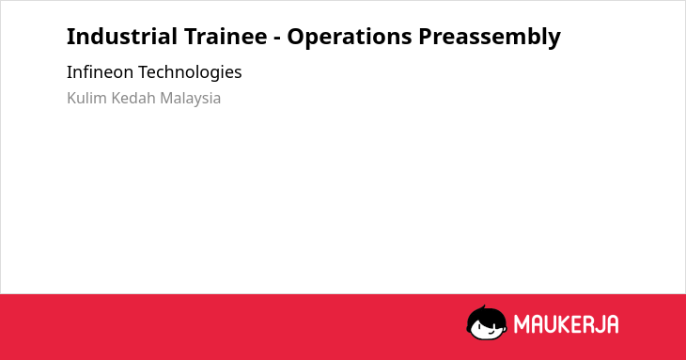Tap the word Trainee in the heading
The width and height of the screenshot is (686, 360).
(226, 37)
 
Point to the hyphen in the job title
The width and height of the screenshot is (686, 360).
(277, 39)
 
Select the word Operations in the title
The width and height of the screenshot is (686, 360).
(350, 37)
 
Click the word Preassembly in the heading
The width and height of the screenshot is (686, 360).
(490, 37)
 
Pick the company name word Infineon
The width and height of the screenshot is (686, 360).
(101, 72)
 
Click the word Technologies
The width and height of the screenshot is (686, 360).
(190, 72)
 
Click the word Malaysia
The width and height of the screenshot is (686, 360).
(191, 99)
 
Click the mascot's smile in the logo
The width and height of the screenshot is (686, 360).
(491, 333)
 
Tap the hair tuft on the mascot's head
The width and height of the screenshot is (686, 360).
(484, 307)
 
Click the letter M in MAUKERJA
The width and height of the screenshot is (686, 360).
(522, 324)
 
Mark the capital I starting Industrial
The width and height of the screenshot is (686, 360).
(70, 37)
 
